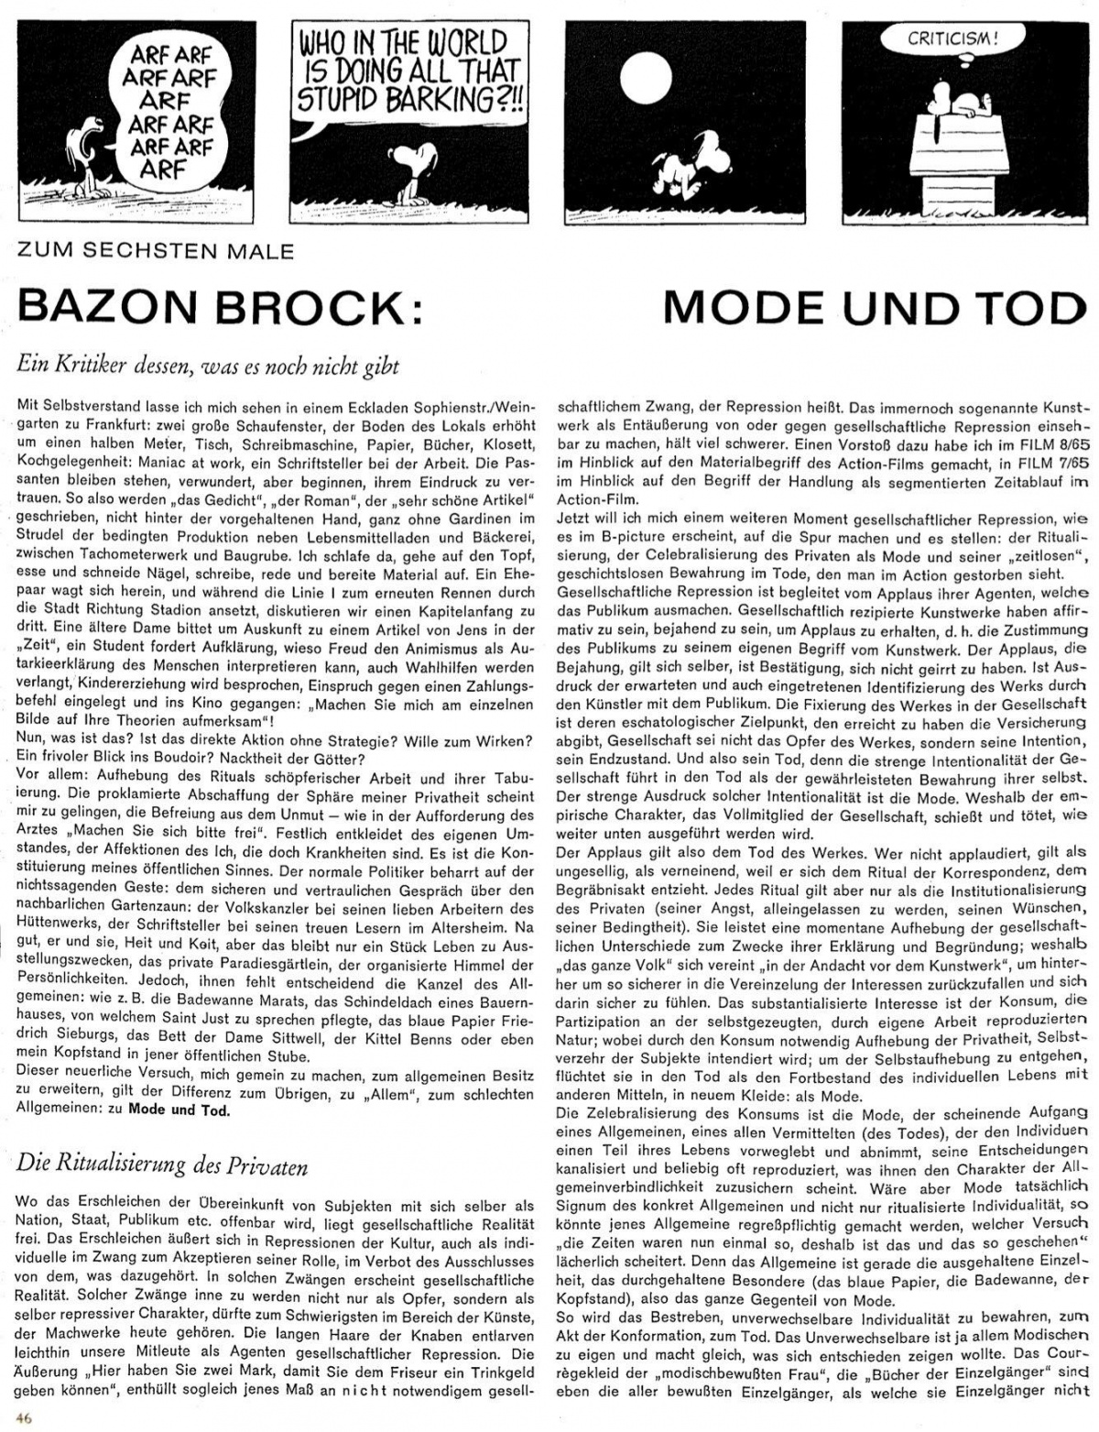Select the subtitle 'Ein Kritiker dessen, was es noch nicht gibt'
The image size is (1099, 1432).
207,365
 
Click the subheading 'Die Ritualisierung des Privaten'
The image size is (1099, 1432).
161,1165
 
